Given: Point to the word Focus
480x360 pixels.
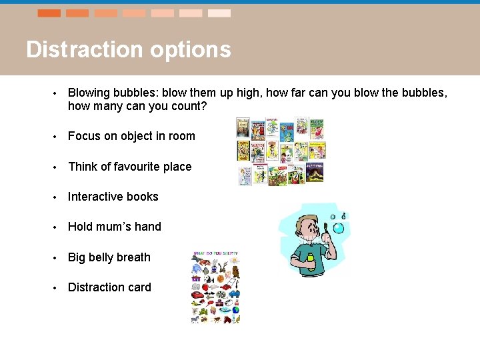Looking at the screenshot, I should point(84,136).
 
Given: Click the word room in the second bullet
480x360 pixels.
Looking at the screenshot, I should point(181,136).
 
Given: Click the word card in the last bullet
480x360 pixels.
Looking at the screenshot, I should point(139,287).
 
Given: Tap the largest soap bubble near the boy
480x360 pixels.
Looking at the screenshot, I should point(338,229).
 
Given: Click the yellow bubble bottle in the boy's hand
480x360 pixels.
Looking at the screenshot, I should point(309,258).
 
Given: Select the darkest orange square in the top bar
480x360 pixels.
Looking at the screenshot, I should point(49,13).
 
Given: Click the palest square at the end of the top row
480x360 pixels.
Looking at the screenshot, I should point(219,13).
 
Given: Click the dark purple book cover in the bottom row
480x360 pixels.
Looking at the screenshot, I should point(315,173).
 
